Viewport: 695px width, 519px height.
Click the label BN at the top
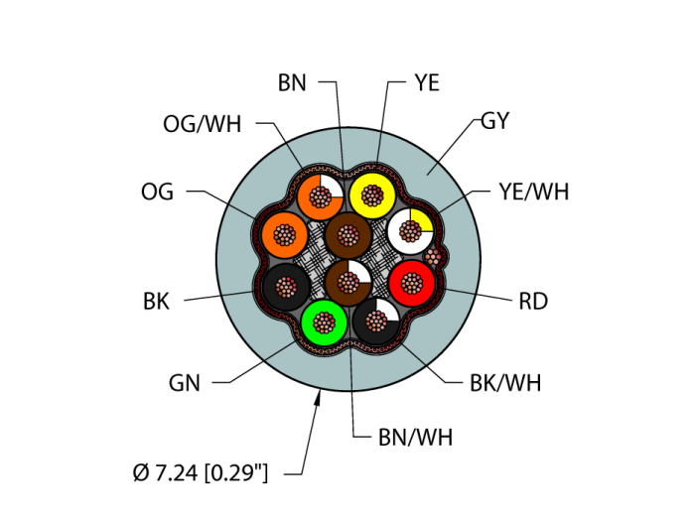pos(292,83)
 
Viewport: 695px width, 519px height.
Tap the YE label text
pos(426,83)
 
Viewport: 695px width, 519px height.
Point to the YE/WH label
pos(534,193)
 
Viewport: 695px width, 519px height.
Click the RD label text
pos(533,302)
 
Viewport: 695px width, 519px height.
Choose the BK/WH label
pos(505,383)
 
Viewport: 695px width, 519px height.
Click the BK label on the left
pos(156,302)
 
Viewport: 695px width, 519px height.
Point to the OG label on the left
pos(157,193)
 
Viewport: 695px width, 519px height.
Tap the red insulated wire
pos(411,283)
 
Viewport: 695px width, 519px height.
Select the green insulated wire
pos(324,323)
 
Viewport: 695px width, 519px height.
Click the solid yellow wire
pos(372,195)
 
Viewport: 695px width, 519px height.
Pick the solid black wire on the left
pos(286,287)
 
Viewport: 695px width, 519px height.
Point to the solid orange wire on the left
pos(286,235)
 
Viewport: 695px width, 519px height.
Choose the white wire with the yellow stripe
pos(410,232)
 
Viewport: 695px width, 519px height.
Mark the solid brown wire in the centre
pos(347,236)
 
